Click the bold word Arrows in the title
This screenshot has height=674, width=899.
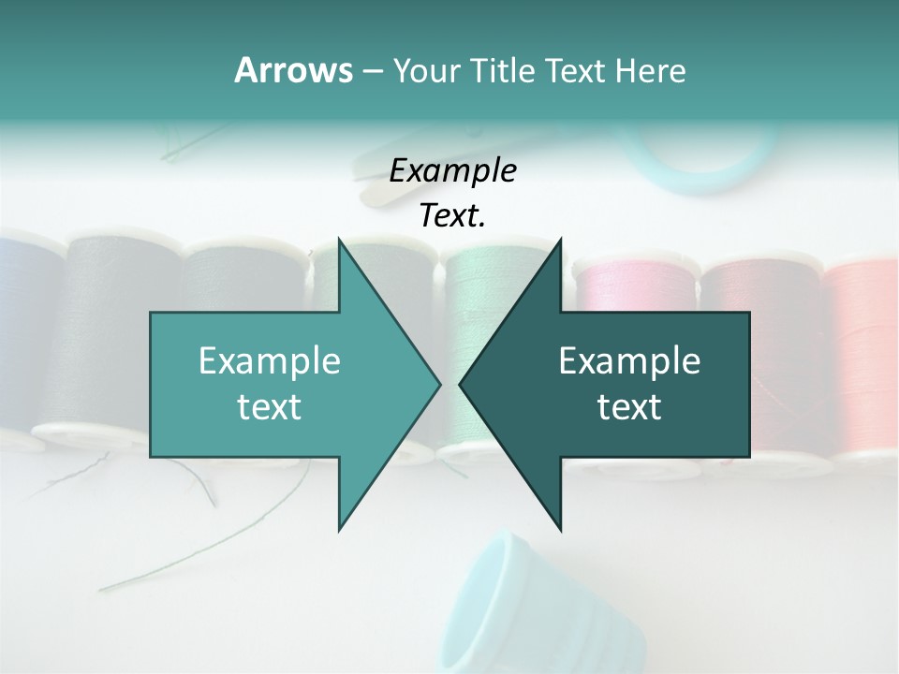[x=293, y=70]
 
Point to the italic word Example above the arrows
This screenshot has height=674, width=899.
[x=452, y=170]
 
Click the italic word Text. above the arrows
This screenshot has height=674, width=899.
[x=452, y=215]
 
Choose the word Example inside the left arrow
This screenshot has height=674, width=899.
[x=270, y=361]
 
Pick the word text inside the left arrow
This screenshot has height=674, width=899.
[x=270, y=407]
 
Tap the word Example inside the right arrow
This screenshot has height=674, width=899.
[x=629, y=361]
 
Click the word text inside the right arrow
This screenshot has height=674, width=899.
[x=629, y=407]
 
